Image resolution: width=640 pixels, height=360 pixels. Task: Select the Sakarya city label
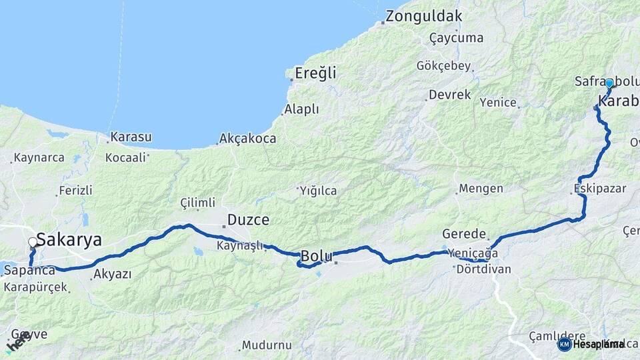(69, 239)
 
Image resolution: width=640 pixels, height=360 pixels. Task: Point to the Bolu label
(317, 255)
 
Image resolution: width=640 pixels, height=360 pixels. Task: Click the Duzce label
(248, 219)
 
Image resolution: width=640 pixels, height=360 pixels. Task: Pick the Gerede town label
(464, 234)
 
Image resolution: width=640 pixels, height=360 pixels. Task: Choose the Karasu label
(131, 137)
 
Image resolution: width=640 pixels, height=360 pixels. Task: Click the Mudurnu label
(267, 345)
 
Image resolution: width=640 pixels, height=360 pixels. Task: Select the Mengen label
(481, 189)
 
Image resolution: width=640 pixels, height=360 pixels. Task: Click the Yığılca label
(318, 191)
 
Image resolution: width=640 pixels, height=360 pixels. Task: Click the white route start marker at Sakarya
(33, 243)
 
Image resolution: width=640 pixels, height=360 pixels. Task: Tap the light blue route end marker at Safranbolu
(609, 83)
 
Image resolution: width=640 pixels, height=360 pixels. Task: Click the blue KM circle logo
(564, 345)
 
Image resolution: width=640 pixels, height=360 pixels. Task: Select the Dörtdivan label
(483, 270)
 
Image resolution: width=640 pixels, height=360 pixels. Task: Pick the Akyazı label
(112, 274)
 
